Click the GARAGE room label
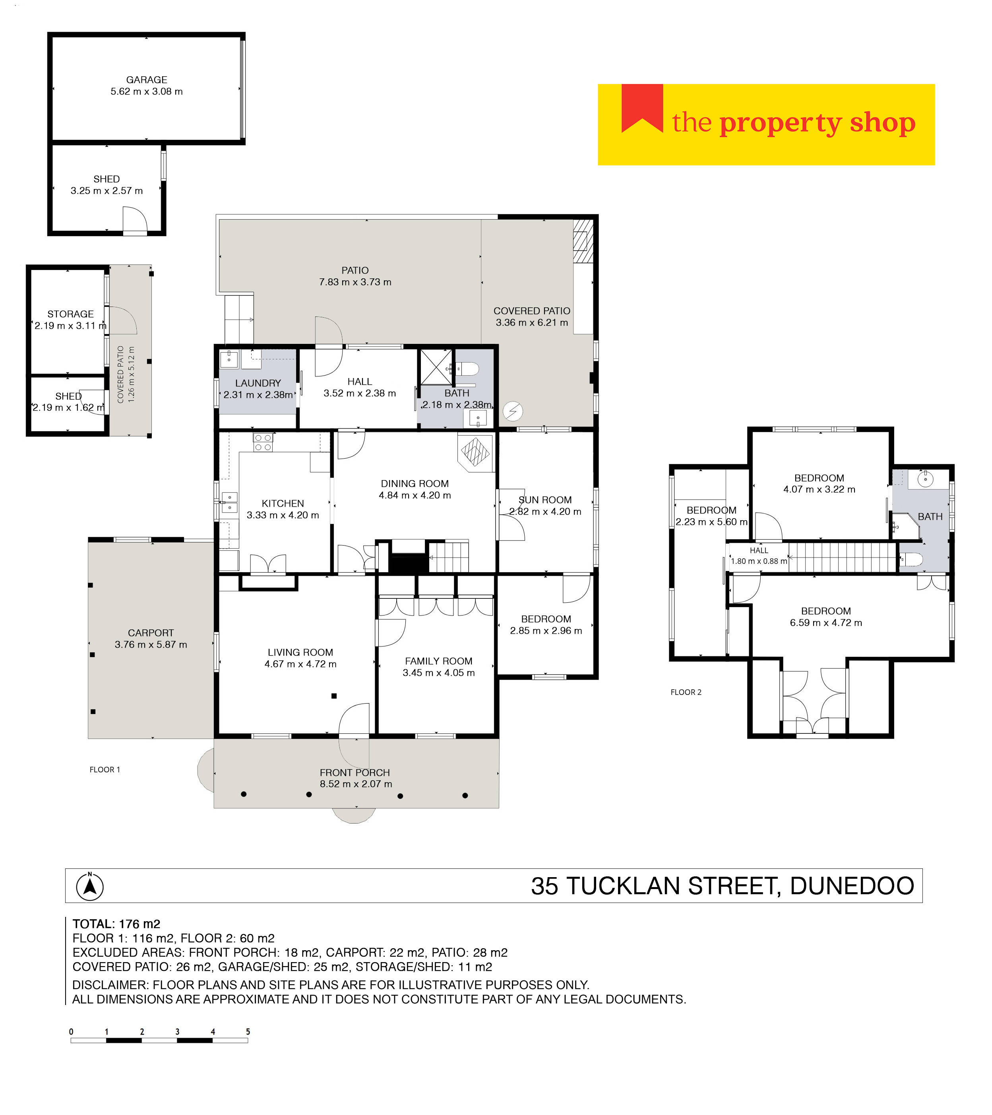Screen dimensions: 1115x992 (146, 80)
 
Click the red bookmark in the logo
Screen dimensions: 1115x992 (642, 107)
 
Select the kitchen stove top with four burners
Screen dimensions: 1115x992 (263, 442)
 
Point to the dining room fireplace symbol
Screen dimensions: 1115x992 (475, 451)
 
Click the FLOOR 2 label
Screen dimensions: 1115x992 (686, 692)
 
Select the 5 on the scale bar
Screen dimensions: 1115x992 (248, 1032)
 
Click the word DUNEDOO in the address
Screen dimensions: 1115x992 (852, 886)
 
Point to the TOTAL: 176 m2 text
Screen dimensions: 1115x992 (116, 924)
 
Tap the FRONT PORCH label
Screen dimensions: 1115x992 (355, 772)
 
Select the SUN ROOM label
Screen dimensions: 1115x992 (545, 500)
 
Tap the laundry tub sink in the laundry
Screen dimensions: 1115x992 (229, 359)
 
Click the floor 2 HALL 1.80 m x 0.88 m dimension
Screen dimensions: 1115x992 (759, 561)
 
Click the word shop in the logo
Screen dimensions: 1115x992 (882, 123)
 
